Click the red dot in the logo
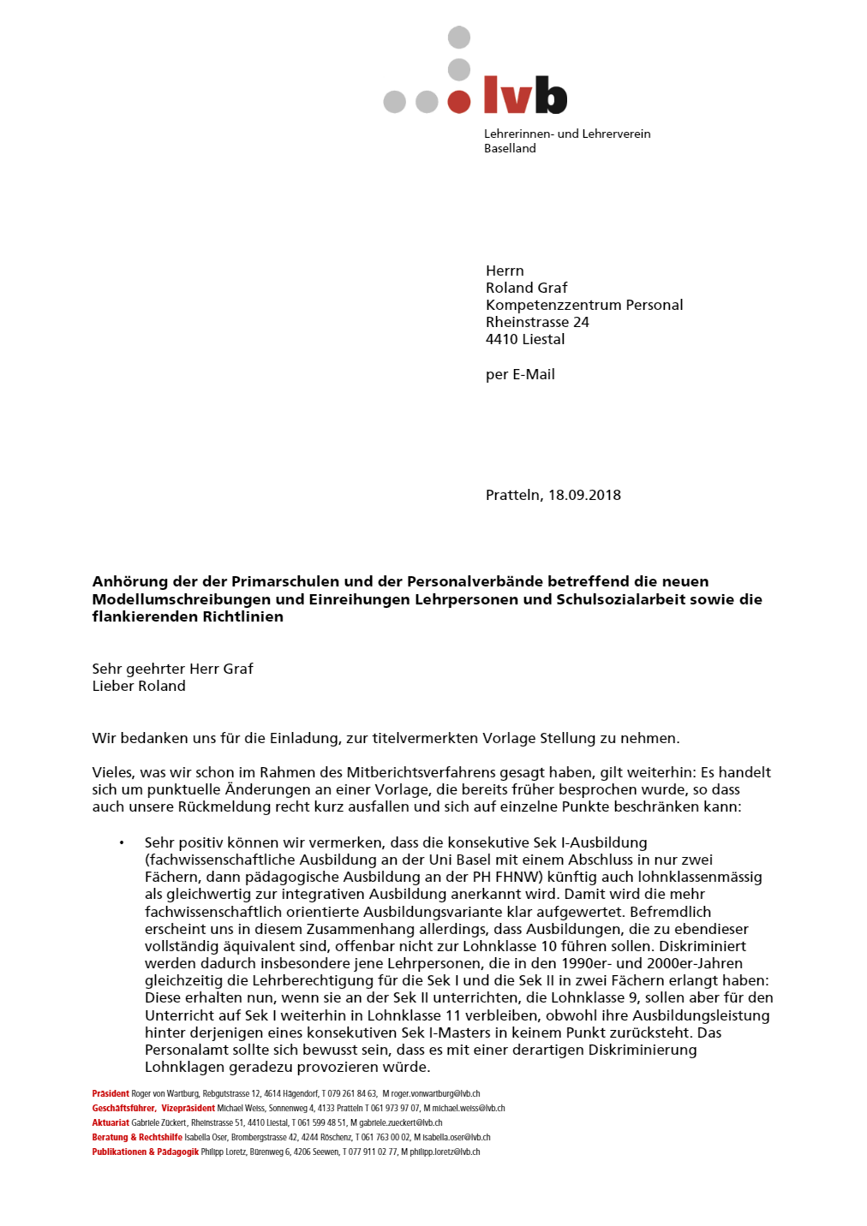coord(459,102)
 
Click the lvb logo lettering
coord(525,95)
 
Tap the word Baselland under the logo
coord(510,148)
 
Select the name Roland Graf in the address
coord(526,288)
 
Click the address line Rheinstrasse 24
coord(537,322)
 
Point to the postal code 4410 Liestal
coord(525,339)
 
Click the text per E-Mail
coord(520,374)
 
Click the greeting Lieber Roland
coord(139,686)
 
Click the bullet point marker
coord(122,843)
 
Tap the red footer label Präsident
coord(111,1093)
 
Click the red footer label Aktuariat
coord(111,1122)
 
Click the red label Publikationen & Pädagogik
coord(145,1152)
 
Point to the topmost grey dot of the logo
coord(459,37)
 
